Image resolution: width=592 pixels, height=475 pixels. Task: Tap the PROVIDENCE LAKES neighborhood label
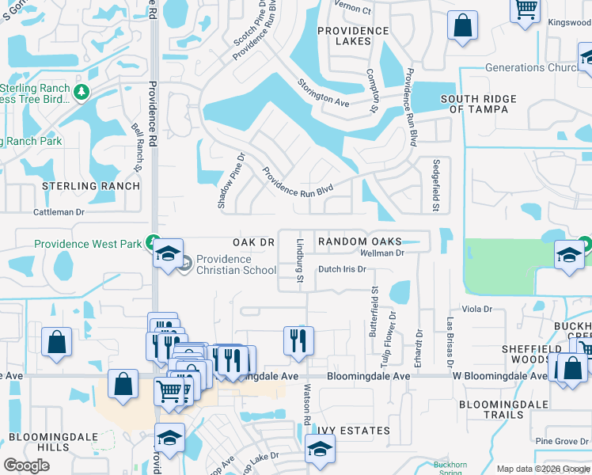point(353,36)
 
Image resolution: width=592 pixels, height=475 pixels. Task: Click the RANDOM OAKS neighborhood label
point(359,241)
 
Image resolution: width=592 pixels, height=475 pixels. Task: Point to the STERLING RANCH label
point(91,187)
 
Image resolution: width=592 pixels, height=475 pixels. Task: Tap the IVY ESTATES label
point(354,431)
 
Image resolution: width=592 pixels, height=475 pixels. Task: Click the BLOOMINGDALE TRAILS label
point(503,409)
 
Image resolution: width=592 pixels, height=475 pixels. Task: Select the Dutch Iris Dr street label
point(342,269)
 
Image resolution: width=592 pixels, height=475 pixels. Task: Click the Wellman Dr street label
point(382,253)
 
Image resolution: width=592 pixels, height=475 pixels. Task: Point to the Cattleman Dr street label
point(59,212)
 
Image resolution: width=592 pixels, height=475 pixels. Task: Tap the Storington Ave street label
point(323,93)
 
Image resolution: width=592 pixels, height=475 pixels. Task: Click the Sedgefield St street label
point(435,185)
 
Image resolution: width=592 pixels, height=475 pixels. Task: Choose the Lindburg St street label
point(301,260)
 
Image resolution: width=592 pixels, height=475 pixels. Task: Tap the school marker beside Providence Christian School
point(168,253)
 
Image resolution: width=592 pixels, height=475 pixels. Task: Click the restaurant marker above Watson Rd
point(298,340)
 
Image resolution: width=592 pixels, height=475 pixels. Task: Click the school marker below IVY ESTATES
point(320,449)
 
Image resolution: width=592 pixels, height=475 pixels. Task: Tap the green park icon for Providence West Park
point(157,242)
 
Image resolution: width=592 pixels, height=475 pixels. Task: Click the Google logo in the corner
point(26,465)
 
